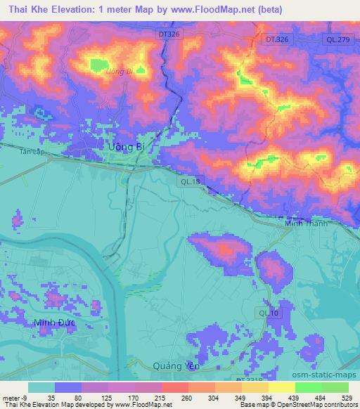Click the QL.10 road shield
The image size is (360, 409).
[269, 313]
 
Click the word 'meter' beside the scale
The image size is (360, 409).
[11, 396]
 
